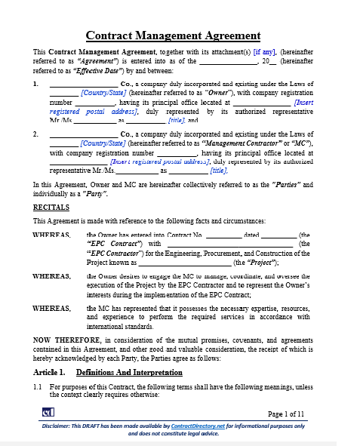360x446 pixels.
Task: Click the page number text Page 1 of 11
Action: pyautogui.click(x=286, y=414)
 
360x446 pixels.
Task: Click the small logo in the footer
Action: pyautogui.click(x=48, y=412)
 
